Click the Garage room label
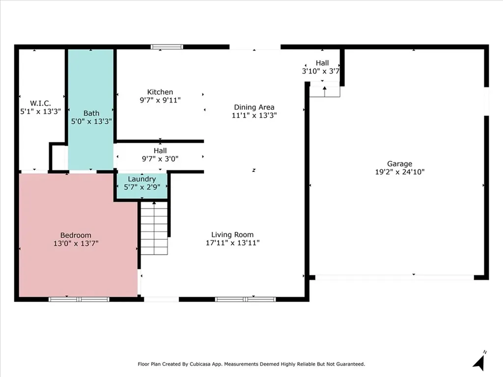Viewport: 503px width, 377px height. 399,164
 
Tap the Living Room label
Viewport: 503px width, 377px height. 232,235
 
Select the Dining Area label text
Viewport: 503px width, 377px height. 254,107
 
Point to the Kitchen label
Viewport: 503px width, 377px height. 160,92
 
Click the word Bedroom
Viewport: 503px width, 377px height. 76,235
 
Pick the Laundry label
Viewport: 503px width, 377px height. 142,179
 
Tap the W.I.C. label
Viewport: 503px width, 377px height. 40,103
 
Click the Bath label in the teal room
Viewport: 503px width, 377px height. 91,113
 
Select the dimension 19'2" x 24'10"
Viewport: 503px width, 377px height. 400,172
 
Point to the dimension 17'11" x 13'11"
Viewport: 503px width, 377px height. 232,242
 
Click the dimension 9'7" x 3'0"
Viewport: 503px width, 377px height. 160,159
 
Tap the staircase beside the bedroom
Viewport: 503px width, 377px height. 154,228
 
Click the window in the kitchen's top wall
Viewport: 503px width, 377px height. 167,47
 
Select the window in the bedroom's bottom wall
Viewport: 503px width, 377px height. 79,299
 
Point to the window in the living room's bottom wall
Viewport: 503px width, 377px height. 246,299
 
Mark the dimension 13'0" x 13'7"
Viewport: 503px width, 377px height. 76,243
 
